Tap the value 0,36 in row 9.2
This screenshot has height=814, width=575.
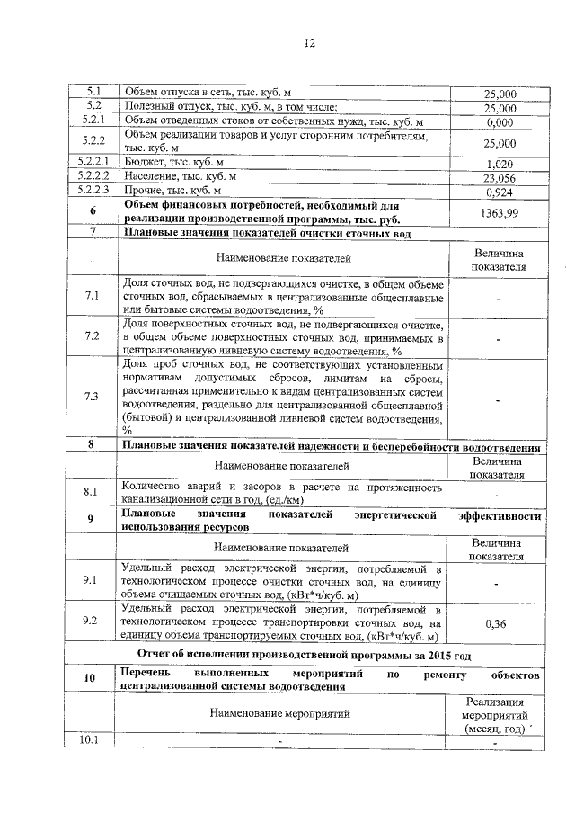(x=500, y=622)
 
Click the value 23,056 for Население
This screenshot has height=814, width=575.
(x=500, y=178)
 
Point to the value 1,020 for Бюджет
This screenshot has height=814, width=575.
(x=500, y=165)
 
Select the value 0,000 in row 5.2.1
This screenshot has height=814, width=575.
(x=500, y=122)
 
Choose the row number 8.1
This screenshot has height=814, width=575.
(x=91, y=492)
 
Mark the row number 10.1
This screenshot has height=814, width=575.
(x=91, y=741)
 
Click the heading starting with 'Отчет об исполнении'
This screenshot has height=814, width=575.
(x=306, y=654)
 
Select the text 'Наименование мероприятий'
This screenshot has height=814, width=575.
(x=281, y=713)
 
